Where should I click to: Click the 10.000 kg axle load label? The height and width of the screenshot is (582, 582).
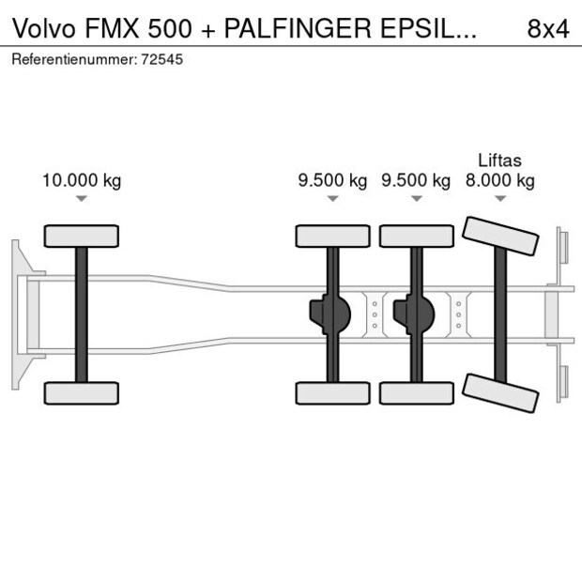(x=82, y=181)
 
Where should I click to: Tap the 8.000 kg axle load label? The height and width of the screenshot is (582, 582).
(x=500, y=181)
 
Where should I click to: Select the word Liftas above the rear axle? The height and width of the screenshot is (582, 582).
(x=499, y=161)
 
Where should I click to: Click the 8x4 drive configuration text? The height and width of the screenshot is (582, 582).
(x=548, y=28)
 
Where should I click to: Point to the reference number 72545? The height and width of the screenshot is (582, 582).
(x=162, y=59)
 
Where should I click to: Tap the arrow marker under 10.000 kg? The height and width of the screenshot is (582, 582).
(x=82, y=199)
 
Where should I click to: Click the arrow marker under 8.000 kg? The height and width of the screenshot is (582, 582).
(x=500, y=199)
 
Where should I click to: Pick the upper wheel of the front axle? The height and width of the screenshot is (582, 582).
(x=82, y=236)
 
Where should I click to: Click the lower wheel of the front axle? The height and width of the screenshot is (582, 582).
(x=82, y=392)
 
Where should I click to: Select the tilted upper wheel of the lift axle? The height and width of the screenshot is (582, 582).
(x=501, y=237)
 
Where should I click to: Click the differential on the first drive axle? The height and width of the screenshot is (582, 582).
(x=329, y=314)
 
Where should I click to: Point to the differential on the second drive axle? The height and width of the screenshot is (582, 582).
(x=413, y=314)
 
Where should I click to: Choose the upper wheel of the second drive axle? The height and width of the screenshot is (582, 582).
(x=416, y=236)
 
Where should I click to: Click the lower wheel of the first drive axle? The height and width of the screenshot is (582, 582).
(x=332, y=392)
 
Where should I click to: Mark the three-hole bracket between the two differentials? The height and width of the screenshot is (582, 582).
(x=375, y=314)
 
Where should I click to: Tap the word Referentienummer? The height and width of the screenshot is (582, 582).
(x=72, y=59)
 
